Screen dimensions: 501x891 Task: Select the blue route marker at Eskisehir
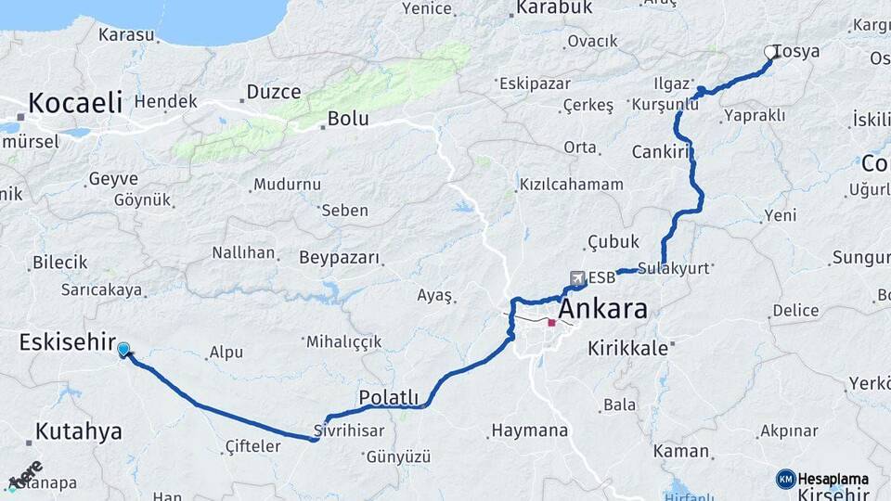(x=123, y=349)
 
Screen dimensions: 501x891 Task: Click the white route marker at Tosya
(x=769, y=52)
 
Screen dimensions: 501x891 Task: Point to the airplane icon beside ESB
(x=577, y=277)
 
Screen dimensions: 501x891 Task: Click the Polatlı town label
(x=388, y=397)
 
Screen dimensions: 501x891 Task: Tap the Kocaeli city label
(x=75, y=102)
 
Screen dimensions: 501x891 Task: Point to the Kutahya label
(x=79, y=431)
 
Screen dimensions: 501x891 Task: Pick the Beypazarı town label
(x=340, y=257)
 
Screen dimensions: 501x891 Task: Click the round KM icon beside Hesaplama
(x=786, y=479)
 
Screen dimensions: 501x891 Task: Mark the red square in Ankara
(x=551, y=324)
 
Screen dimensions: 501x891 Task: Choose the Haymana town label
(x=529, y=430)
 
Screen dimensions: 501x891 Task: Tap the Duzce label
(x=273, y=92)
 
